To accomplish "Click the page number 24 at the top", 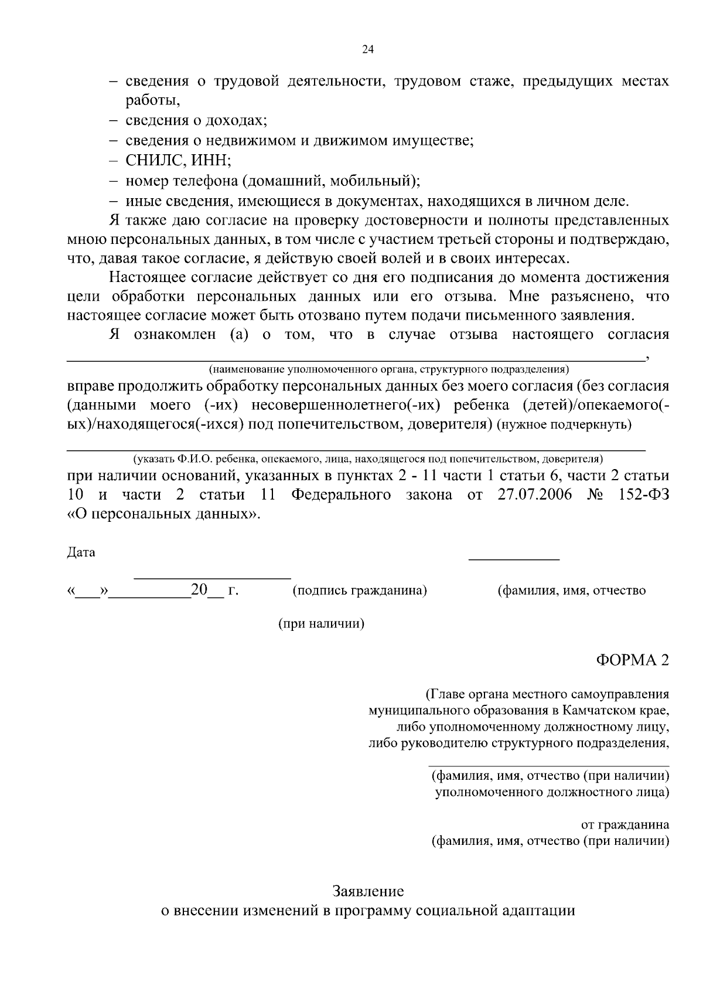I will click(x=368, y=49).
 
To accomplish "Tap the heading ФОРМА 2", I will click(x=632, y=660).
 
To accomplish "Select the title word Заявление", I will click(x=368, y=892).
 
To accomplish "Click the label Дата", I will click(x=81, y=552).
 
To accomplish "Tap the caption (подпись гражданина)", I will click(x=360, y=590).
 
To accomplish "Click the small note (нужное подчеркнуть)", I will click(x=564, y=425).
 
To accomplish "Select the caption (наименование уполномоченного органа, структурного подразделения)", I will click(x=388, y=370).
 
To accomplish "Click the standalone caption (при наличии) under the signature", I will click(x=321, y=624).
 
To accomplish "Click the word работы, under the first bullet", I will click(x=153, y=101).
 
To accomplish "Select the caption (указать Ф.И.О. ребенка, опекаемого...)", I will click(x=368, y=459).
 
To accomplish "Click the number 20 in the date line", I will click(x=199, y=590).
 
